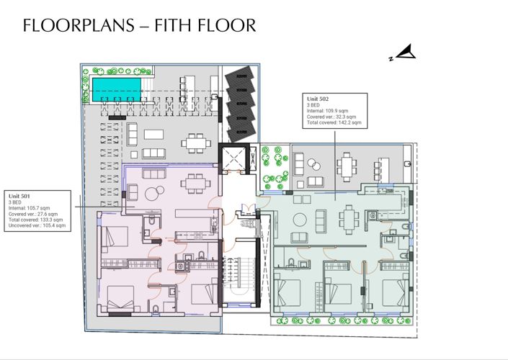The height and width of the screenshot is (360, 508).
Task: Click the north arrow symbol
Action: [x=407, y=52]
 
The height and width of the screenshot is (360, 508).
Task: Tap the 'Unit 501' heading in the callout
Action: [x=20, y=196]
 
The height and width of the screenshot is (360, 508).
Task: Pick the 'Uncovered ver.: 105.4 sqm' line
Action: [x=37, y=226]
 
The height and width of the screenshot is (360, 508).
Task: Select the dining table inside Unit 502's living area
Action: [x=349, y=216]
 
